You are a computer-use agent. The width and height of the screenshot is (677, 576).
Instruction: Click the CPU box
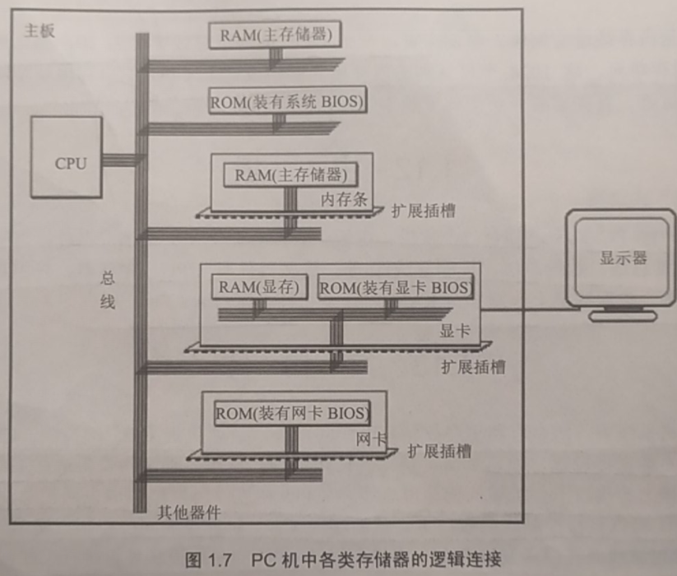coord(67,157)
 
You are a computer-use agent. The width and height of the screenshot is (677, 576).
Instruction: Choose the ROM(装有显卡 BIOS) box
coord(396,288)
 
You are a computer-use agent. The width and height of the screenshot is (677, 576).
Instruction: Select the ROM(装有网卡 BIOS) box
coord(292,412)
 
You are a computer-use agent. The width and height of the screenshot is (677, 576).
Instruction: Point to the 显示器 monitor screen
coord(623,258)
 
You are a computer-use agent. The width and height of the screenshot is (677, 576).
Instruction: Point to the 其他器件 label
coord(189,513)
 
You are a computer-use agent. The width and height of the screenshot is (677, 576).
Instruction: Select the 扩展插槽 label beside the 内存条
coord(424,211)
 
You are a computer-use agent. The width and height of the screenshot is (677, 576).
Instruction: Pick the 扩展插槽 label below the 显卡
coord(473,367)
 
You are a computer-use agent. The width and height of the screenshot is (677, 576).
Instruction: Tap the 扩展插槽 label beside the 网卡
coord(439,452)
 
